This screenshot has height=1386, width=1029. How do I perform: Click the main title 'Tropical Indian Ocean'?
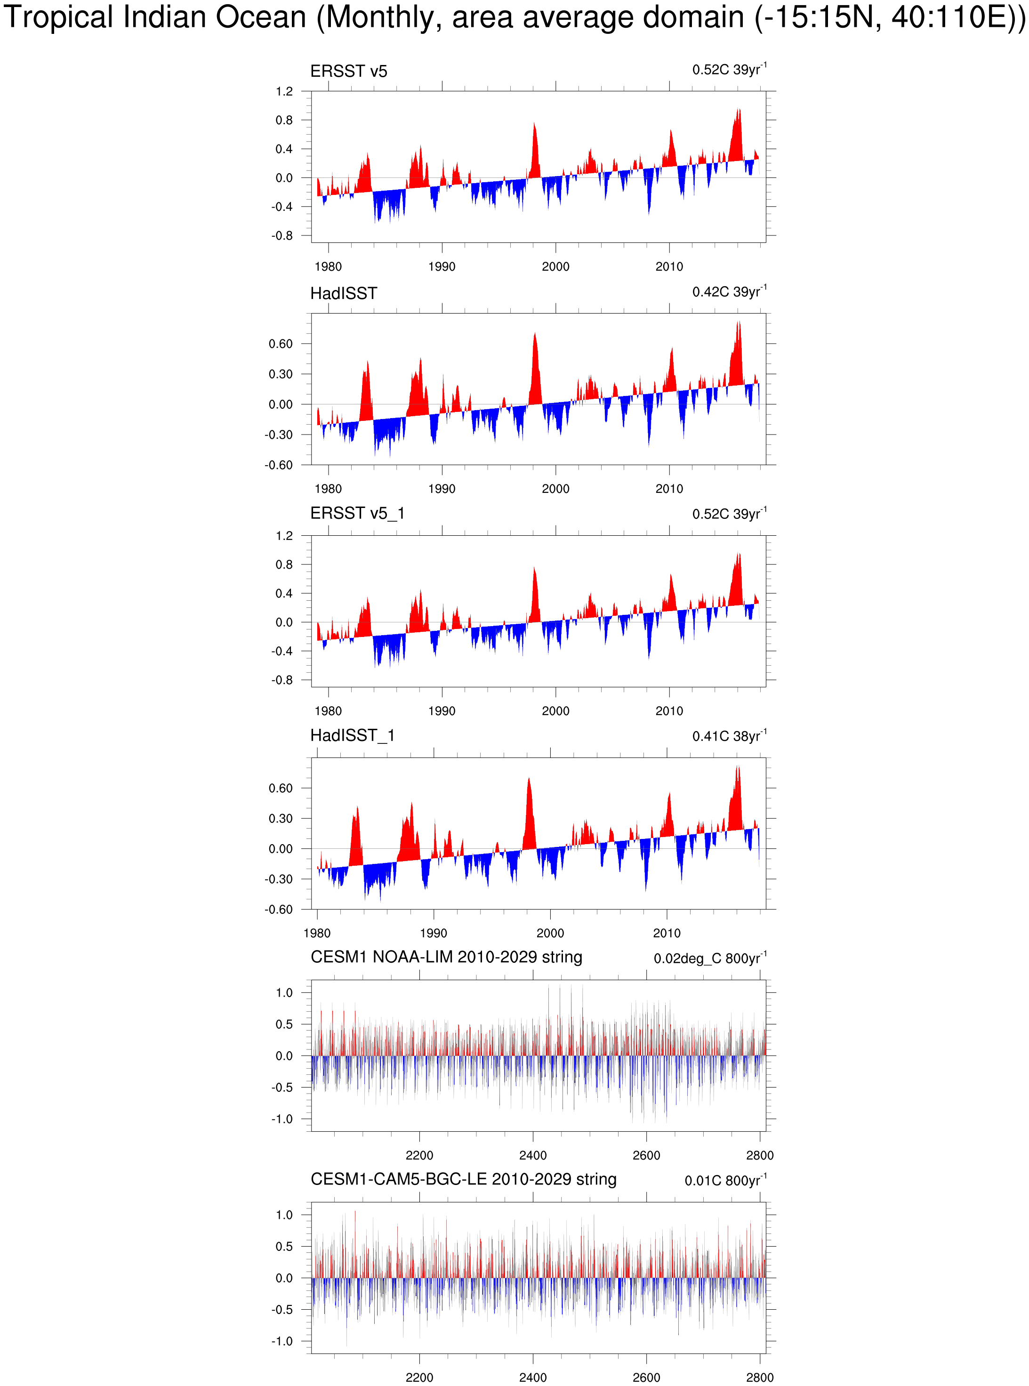tap(156, 17)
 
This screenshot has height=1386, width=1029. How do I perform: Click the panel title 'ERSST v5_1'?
tap(358, 513)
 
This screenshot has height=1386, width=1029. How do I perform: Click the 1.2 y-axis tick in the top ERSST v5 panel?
tap(284, 92)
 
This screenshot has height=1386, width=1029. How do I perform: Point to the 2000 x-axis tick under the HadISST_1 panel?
tap(550, 933)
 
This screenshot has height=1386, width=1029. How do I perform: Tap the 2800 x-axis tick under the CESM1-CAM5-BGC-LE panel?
tap(760, 1377)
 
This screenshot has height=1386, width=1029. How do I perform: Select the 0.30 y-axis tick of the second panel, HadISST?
tap(280, 374)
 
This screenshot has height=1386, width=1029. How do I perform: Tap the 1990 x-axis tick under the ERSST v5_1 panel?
tap(442, 711)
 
